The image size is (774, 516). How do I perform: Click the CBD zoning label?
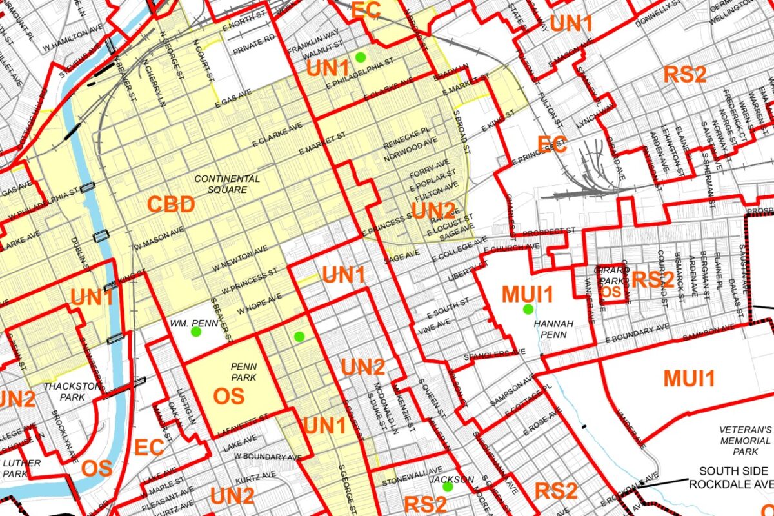point(171,205)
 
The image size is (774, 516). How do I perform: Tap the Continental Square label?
point(227,184)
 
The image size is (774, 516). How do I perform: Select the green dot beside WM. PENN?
point(196,332)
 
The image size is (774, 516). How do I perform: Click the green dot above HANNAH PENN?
point(528,309)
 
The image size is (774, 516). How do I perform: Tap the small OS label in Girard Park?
point(610,292)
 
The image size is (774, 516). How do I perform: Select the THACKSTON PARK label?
point(64,392)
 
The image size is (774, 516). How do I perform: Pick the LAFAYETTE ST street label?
point(246,426)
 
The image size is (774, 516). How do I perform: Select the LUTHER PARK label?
point(21,468)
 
